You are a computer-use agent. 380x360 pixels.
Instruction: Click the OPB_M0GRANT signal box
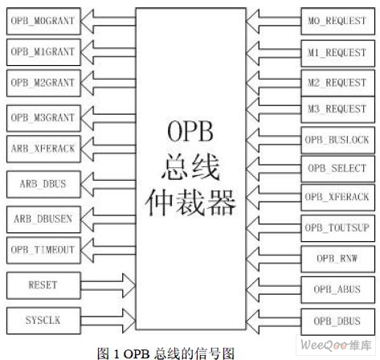43,21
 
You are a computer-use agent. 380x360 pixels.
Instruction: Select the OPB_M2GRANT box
43,83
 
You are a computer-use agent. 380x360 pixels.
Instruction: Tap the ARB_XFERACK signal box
43,149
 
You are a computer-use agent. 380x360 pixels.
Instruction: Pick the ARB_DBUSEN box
43,219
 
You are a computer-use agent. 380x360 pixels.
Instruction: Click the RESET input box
43,285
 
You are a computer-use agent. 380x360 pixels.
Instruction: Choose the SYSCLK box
43,321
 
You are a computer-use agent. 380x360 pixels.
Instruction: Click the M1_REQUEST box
337,53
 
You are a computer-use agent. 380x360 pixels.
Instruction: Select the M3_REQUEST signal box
337,109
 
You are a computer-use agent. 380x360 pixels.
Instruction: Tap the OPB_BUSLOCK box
337,140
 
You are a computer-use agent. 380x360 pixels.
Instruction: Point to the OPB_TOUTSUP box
337,228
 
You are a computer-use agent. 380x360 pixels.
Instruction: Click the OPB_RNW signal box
337,259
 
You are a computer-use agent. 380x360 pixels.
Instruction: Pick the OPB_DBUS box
337,321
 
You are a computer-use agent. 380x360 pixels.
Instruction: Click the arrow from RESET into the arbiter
108,285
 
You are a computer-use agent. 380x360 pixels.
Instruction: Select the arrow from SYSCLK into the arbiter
108,321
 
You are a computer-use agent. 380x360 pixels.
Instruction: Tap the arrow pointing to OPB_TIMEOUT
108,250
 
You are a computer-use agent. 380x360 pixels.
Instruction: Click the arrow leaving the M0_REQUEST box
273,21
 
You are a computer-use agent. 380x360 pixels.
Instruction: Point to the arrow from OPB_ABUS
273,290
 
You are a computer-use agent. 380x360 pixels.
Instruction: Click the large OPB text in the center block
190,131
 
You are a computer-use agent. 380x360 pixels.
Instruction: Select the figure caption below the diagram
165,354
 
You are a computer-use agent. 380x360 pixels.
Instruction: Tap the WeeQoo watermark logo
336,345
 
